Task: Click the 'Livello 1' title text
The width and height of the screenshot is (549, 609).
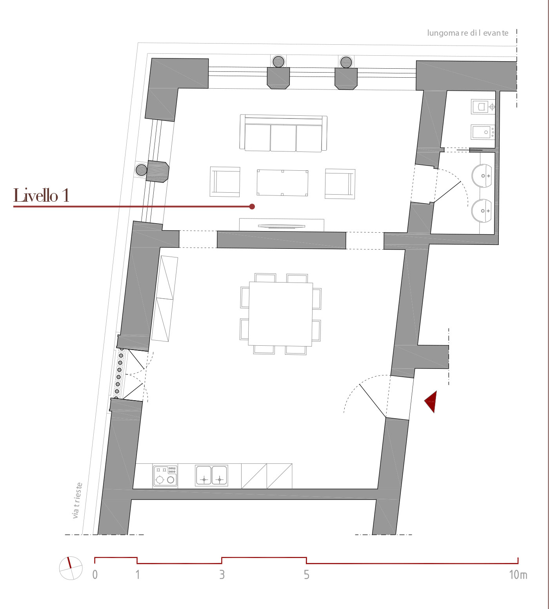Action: point(41,195)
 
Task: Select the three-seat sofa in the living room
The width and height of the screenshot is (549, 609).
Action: point(283,133)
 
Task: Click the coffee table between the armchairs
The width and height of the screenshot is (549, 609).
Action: point(282,182)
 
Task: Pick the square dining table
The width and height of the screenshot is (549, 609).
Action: point(281,314)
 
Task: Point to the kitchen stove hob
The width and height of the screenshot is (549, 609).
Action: point(165,476)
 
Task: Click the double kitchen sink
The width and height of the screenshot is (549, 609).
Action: point(212,475)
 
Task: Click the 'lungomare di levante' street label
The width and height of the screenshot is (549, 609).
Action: point(467,33)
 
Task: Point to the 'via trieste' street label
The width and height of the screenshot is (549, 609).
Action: point(77,500)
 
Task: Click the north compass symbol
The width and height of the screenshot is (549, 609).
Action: point(71,568)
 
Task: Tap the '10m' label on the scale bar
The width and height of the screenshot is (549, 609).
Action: point(518,575)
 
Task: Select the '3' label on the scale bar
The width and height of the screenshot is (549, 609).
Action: point(222,575)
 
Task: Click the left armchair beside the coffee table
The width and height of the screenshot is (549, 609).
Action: point(225,182)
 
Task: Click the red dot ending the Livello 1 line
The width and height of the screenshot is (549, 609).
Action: point(252,206)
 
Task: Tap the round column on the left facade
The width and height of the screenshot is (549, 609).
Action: point(141,170)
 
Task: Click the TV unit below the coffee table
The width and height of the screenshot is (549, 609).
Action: point(282,225)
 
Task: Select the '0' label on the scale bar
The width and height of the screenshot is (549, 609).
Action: point(95,575)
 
